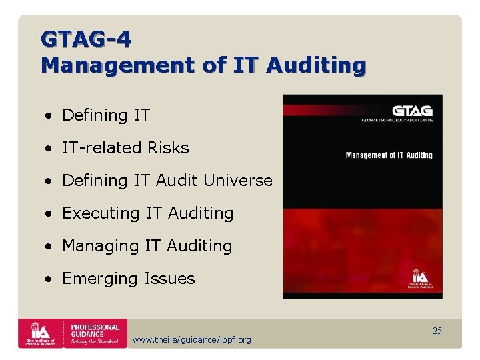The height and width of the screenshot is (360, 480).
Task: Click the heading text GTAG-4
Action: click(86, 39)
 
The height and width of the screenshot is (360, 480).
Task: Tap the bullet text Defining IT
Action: click(106, 115)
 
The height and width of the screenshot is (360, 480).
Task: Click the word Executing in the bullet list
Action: click(101, 213)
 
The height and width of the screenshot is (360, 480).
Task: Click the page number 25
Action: click(437, 331)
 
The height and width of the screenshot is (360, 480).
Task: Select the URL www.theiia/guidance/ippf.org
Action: click(192, 340)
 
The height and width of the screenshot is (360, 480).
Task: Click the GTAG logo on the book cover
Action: click(412, 111)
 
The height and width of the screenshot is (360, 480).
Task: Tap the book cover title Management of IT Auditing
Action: click(389, 155)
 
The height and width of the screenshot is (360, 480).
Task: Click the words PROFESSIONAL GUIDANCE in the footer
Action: click(95, 331)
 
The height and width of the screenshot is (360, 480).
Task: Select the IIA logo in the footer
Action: click(40, 333)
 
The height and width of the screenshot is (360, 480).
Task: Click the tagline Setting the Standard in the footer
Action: click(95, 342)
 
